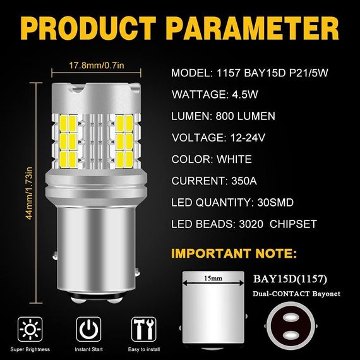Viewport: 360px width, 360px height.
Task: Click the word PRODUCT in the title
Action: (90, 28)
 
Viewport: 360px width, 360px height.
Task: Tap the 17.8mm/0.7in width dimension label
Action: (97, 66)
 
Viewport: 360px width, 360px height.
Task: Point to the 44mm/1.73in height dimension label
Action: (29, 193)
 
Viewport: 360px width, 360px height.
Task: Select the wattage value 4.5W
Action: (245, 94)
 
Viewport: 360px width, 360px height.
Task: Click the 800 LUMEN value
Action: (245, 116)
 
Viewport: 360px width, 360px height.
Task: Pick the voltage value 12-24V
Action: (248, 138)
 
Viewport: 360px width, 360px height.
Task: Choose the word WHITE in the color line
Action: (234, 159)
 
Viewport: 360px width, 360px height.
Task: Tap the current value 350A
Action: (244, 181)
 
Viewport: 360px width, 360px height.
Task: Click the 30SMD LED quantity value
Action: (275, 202)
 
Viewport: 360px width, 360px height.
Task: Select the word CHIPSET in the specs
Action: (293, 224)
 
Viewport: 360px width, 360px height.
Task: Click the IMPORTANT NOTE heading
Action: (234, 253)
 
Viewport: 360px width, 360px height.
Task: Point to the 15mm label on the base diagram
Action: (213, 279)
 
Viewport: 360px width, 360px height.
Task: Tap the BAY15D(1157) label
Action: (290, 279)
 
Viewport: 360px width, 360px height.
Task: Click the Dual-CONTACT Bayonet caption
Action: (296, 294)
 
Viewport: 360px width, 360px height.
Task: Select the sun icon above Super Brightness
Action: (30, 329)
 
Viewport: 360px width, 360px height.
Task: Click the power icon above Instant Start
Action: (88, 329)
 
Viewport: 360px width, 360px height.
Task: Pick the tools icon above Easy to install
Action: (144, 329)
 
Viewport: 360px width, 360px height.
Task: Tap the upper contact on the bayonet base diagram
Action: (291, 318)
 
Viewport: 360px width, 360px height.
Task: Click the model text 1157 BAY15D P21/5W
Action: (272, 73)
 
